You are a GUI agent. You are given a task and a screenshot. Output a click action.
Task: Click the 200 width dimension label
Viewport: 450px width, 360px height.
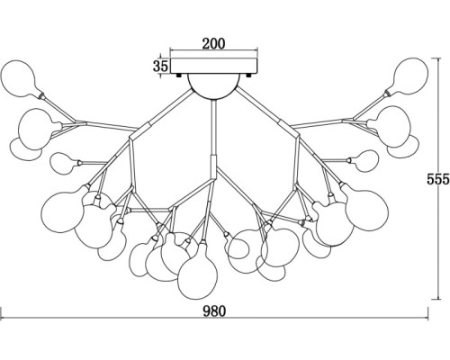coord(213,44)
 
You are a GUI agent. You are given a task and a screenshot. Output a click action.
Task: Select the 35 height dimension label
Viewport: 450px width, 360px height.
coord(160,66)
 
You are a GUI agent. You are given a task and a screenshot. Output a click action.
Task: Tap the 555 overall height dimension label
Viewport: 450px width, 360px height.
coord(438,179)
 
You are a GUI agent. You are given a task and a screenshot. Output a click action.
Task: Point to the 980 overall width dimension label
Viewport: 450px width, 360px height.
coord(214,311)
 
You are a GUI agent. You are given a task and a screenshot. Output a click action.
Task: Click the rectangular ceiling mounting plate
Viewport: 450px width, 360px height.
coord(214,66)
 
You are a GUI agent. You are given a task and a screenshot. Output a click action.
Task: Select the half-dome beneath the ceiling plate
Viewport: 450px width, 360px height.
coord(214,86)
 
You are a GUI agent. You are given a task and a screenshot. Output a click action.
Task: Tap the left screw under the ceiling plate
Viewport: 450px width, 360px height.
coord(179,76)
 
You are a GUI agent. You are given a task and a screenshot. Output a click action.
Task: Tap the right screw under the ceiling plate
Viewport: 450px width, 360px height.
coord(248,76)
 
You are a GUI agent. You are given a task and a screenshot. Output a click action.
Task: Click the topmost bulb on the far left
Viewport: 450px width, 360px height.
coord(19,78)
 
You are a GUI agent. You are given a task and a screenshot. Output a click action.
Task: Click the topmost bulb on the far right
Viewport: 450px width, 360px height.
coord(411,76)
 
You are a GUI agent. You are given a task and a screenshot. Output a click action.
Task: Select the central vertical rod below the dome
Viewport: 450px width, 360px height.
coord(213,128)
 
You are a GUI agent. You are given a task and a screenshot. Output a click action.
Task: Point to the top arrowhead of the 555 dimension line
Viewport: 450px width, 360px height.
coord(439,60)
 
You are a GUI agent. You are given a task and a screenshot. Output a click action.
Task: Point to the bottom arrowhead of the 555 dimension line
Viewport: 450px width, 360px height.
coord(439,297)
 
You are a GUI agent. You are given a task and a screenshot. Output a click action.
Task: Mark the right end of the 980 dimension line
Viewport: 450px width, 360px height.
coord(427,319)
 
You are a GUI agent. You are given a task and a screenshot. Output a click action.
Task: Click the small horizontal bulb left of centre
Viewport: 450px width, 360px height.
coord(64,163)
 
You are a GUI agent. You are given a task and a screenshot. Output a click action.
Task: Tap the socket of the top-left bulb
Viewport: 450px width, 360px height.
coord(41,95)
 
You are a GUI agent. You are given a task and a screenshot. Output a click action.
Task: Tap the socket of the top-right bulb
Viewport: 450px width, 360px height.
coord(388,94)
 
